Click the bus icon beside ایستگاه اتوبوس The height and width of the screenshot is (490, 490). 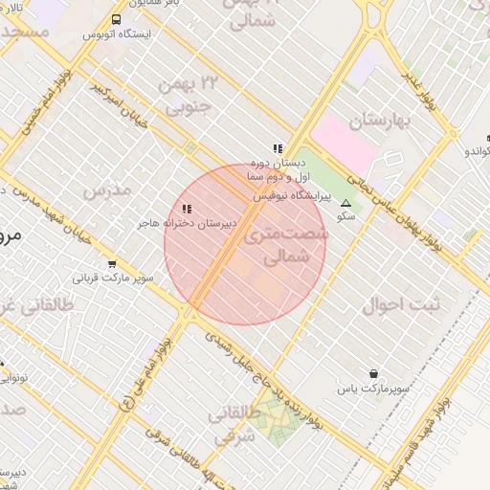click(116, 19)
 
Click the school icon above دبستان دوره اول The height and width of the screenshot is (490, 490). click(278, 148)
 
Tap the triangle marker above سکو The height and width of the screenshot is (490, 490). click(345, 204)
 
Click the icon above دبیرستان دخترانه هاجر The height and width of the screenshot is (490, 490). click(186, 208)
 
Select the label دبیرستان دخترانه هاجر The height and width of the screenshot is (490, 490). click(186, 222)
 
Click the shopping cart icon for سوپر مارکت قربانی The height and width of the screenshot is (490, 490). click(112, 264)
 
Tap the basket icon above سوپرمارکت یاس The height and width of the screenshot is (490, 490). click(372, 374)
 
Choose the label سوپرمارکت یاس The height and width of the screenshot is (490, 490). click(372, 390)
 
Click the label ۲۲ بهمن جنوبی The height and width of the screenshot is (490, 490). click(192, 96)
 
